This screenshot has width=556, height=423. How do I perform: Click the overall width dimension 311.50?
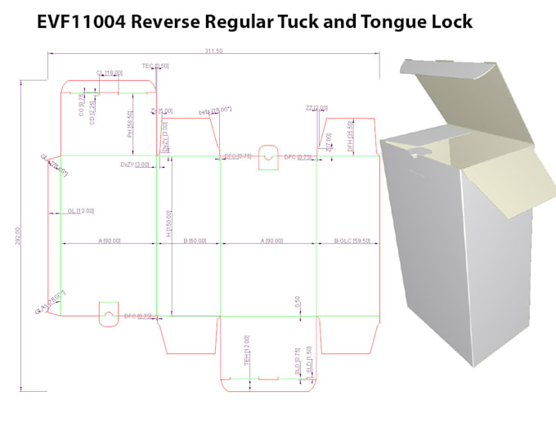coord(215,52)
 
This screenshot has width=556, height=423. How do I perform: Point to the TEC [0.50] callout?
coord(155,65)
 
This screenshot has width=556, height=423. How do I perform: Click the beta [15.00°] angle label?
coord(216,111)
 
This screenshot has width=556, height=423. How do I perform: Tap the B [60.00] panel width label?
coord(195,241)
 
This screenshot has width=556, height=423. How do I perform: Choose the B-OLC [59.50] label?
coord(352,241)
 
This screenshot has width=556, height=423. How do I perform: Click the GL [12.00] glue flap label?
coord(81,211)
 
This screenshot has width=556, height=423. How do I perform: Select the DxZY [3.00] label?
coord(135,165)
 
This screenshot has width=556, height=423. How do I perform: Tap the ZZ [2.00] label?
coord(316,108)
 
